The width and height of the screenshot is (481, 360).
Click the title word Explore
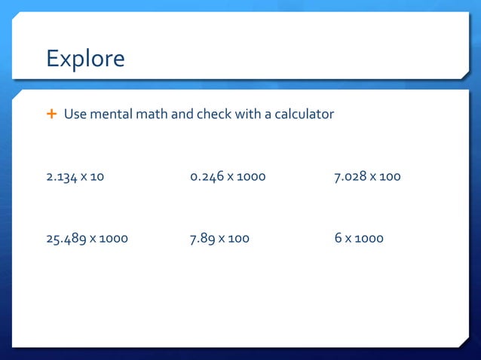click(85, 58)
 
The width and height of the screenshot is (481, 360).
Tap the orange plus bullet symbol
click(51, 114)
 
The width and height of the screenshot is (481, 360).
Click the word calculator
click(302, 114)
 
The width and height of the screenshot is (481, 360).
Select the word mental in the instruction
click(109, 114)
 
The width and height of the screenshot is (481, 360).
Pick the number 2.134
click(63, 177)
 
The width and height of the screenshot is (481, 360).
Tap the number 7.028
click(351, 177)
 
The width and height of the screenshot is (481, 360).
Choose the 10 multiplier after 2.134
click(97, 177)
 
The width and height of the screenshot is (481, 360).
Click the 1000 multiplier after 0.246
click(251, 177)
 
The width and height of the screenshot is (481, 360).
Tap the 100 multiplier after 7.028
click(391, 177)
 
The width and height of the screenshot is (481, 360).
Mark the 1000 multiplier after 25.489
click(113, 239)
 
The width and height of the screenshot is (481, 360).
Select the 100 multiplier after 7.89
click(239, 239)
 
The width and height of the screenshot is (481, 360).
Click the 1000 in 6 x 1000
click(369, 239)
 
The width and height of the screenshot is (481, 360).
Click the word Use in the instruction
click(75, 114)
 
